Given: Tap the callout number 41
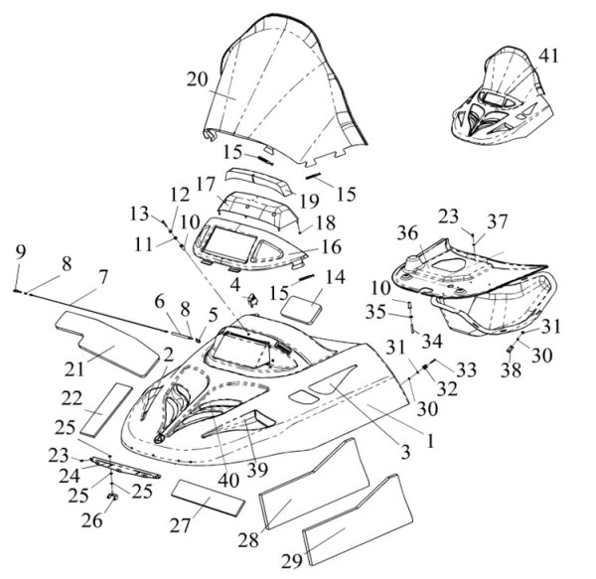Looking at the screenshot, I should tap(548, 55).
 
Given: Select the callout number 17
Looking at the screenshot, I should tap(205, 185).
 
